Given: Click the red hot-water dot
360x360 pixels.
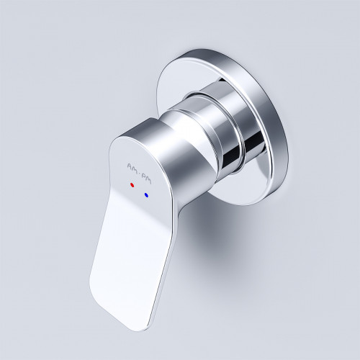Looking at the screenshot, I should click(x=132, y=184).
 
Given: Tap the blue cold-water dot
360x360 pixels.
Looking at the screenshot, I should click(x=146, y=194).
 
